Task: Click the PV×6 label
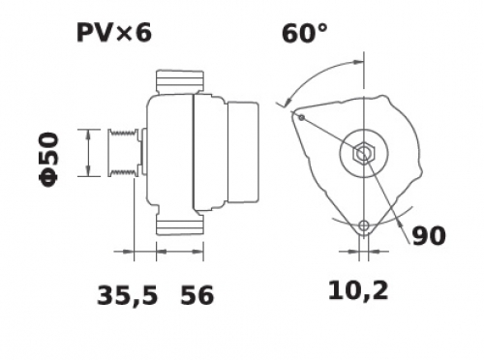114,33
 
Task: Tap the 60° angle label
304,34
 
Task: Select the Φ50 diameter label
49,160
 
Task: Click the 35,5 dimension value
128,295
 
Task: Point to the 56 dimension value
197,295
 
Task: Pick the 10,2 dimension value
358,290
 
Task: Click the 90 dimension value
429,236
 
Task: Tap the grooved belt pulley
124,153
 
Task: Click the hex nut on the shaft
364,153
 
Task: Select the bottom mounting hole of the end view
364,225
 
